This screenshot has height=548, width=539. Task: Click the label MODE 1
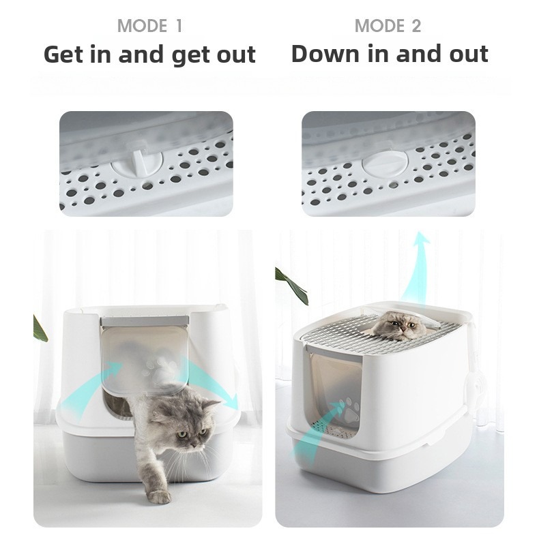tap(149, 27)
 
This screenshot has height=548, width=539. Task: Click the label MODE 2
tap(388, 27)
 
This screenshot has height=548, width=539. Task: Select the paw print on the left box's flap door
tap(158, 369)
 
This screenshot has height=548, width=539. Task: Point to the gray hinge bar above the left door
tap(143, 321)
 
